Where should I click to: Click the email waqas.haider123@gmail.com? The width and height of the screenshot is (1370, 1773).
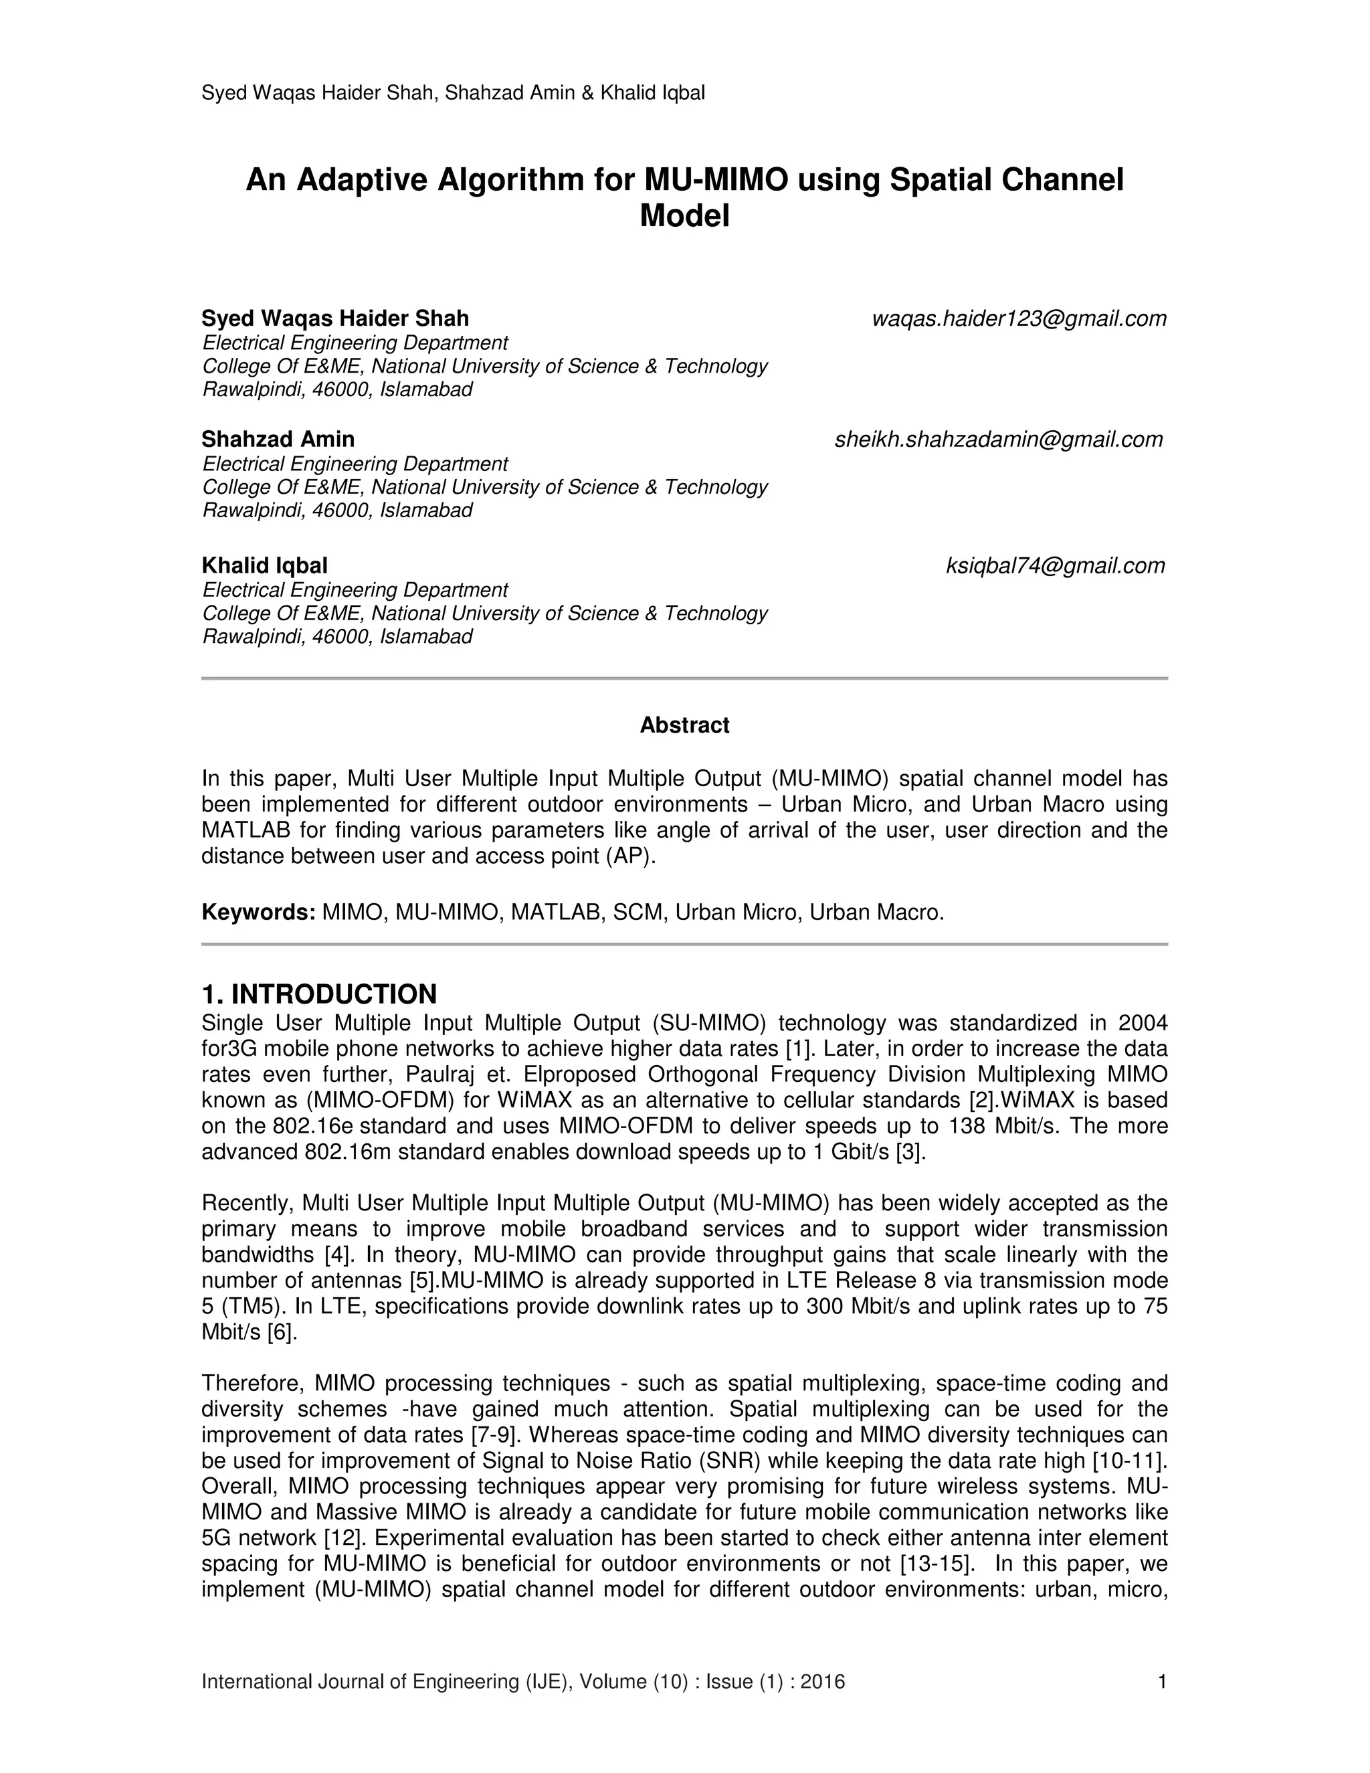(x=1019, y=319)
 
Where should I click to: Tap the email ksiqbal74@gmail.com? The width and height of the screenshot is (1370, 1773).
(x=1055, y=566)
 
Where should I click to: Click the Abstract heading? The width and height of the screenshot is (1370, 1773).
(x=684, y=725)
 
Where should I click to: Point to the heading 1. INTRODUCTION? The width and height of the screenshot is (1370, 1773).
(x=319, y=994)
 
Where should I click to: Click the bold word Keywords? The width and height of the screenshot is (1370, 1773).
(x=258, y=913)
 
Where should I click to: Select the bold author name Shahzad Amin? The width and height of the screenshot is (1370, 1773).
(x=278, y=440)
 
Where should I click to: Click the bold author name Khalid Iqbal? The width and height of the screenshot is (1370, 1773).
(x=265, y=566)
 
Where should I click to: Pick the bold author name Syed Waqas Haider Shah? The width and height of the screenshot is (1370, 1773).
(x=335, y=318)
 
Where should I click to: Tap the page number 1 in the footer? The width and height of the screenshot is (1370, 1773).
(x=1162, y=1681)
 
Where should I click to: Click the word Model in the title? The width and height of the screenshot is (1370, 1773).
(x=684, y=216)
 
